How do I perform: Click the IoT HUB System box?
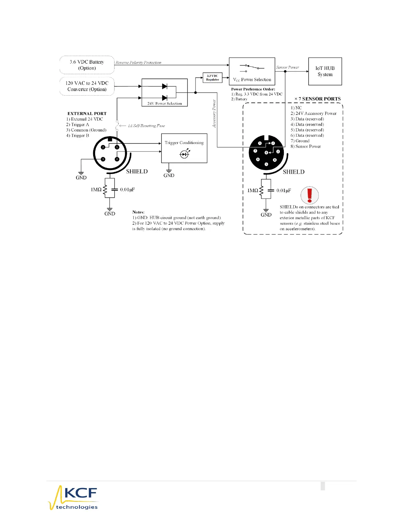[x=325, y=71]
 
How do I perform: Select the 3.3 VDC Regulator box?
[x=212, y=78]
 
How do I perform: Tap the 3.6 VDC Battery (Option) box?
[x=87, y=65]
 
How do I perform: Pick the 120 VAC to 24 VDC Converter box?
[x=87, y=86]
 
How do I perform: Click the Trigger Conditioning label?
[x=184, y=143]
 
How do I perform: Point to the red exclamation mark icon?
[x=309, y=195]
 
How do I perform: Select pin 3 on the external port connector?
[x=103, y=159]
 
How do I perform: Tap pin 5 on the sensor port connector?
[x=266, y=164]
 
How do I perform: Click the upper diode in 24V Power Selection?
[x=165, y=86]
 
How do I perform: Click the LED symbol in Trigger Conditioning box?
[x=184, y=154]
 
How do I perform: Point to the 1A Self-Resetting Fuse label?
[x=146, y=126]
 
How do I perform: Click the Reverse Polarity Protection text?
[x=138, y=63]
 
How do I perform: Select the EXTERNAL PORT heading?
[x=87, y=114]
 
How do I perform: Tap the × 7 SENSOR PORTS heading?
[x=317, y=99]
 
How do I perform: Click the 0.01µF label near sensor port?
[x=283, y=190]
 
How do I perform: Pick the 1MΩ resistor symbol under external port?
[x=105, y=190]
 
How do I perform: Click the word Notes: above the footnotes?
[x=138, y=212]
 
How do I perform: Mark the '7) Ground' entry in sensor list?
[x=300, y=141]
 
